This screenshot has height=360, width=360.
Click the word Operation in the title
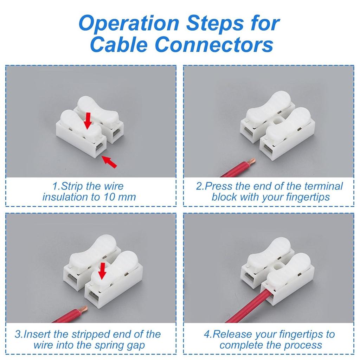click(129, 23)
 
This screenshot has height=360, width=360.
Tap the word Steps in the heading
click(215, 23)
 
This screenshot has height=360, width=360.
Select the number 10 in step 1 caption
click(109, 197)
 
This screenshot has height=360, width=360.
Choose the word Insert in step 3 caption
click(37, 334)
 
